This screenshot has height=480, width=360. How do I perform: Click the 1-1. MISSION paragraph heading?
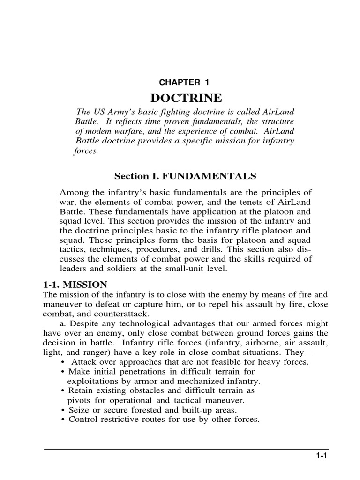pos(75,284)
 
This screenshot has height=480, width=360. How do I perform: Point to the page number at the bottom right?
pos(321,455)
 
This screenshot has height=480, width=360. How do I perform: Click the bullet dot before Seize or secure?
pos(63,410)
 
